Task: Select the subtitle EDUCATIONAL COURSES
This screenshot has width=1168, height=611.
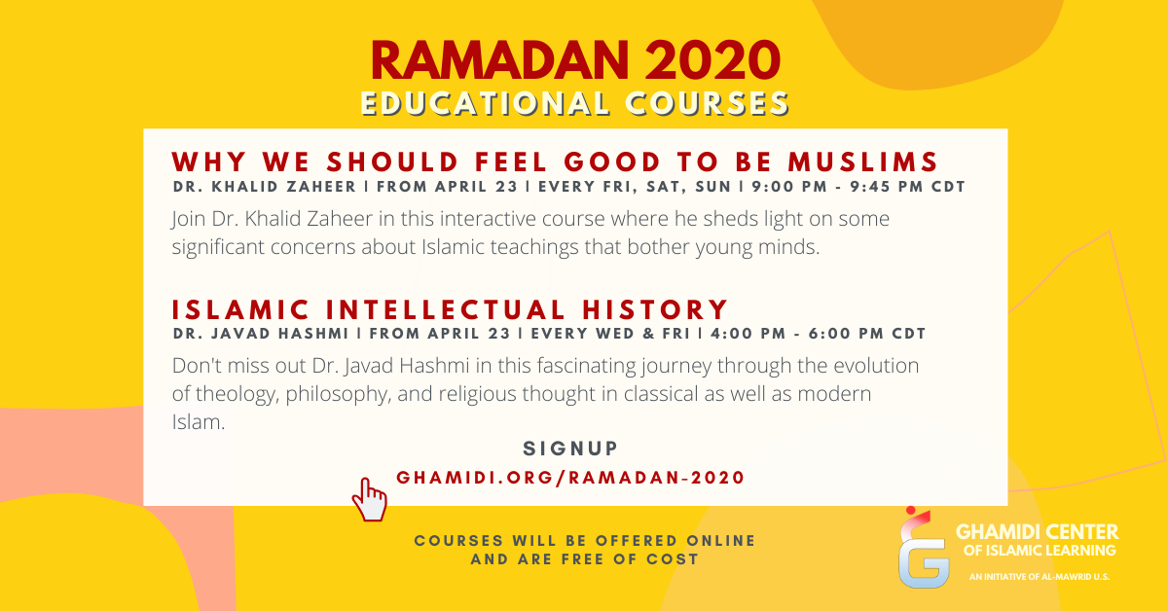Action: (574, 104)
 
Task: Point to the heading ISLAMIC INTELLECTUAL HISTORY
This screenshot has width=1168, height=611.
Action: (451, 309)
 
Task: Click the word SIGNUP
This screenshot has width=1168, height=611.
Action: (570, 449)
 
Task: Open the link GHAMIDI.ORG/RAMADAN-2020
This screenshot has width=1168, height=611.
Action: (570, 478)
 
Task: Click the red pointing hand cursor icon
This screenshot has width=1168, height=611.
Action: (369, 499)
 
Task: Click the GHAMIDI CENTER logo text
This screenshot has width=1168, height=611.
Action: (1037, 532)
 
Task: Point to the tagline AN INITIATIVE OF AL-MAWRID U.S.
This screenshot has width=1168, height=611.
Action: (1040, 577)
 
